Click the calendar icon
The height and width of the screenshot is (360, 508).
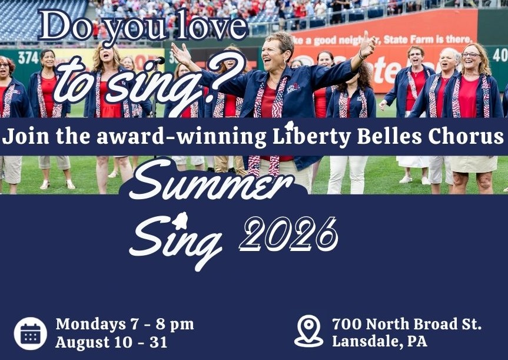(31, 333)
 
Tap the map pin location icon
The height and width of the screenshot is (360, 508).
(309, 331)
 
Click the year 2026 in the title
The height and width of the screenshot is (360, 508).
(288, 234)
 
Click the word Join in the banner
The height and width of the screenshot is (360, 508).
(25, 136)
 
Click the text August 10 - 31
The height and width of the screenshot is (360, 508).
(111, 343)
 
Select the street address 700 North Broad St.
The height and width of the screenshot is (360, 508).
(407, 324)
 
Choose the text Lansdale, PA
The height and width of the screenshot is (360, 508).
(379, 342)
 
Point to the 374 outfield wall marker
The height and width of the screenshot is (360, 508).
(28, 58)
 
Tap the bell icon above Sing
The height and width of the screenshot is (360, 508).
(180, 220)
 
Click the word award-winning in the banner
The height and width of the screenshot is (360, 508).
(181, 136)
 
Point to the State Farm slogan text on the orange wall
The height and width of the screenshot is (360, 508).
(383, 40)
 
